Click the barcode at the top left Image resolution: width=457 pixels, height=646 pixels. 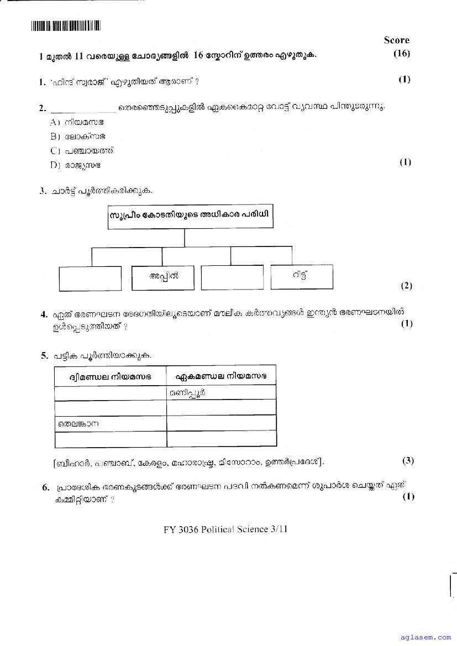(65, 25)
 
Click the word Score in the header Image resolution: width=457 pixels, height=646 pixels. (396, 40)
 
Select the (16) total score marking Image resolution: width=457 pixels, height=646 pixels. (401, 54)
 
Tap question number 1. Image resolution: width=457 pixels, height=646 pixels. (42, 82)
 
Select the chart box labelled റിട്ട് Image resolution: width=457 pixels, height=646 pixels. (302, 276)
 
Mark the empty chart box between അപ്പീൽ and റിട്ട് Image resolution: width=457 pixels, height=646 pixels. (232, 278)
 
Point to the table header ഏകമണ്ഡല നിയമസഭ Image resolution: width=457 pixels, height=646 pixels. (221, 376)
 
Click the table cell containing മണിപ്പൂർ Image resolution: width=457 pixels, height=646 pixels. (221, 393)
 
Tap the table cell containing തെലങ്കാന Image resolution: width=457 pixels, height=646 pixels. (111, 424)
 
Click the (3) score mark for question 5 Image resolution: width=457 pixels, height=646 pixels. (408, 461)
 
